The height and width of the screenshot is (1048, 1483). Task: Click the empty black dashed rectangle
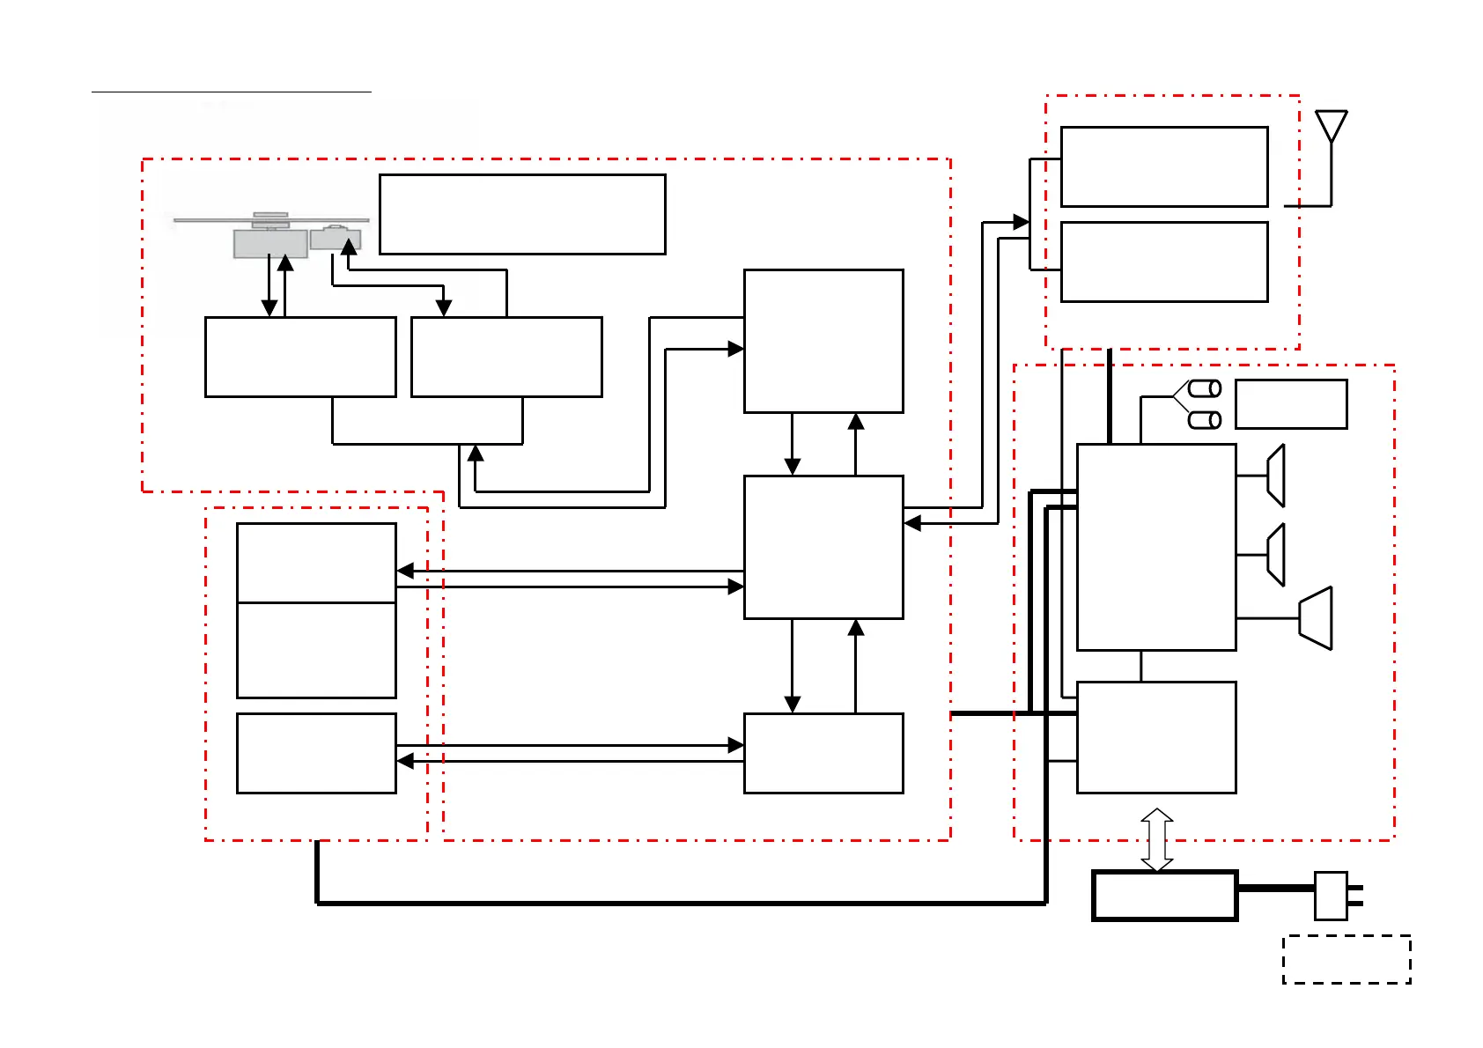click(x=1347, y=959)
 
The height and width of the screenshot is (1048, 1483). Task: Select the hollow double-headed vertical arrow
click(x=1156, y=840)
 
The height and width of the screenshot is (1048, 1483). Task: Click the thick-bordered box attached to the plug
click(x=1164, y=896)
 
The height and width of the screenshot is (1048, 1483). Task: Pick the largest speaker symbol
click(x=1317, y=618)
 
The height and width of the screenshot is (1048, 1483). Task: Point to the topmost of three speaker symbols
click(x=1276, y=476)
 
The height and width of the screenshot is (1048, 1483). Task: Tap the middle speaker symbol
click(x=1276, y=555)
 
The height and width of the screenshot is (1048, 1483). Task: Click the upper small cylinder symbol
click(x=1205, y=388)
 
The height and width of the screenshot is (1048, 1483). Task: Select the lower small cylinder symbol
click(x=1205, y=420)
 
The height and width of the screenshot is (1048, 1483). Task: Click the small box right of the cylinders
click(x=1291, y=404)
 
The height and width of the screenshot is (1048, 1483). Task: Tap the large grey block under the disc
click(x=269, y=243)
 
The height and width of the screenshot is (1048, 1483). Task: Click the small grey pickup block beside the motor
click(x=336, y=238)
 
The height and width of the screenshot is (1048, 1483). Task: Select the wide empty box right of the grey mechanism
click(x=522, y=215)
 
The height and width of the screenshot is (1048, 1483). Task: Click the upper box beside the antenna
click(x=1164, y=166)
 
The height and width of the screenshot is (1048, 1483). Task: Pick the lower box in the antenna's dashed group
click(x=1164, y=262)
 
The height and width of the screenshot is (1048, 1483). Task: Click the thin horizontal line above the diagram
click(x=232, y=91)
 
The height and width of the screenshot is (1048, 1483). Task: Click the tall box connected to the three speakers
click(x=1156, y=547)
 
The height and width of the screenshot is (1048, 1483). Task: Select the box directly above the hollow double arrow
click(x=1156, y=737)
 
